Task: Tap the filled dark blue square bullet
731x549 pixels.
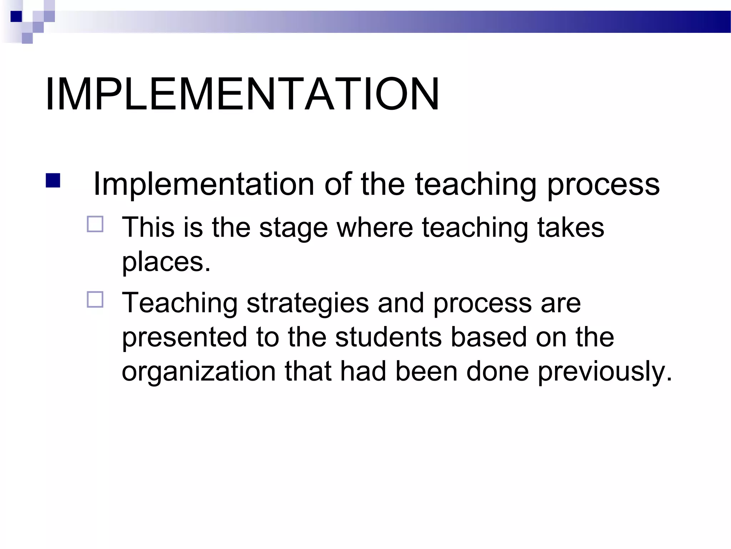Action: [x=53, y=180]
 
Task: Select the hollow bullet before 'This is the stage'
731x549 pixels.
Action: [x=95, y=224]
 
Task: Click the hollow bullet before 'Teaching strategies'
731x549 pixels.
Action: [x=95, y=300]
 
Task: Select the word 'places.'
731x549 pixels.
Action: [x=166, y=263]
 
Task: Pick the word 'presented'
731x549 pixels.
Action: [x=185, y=338]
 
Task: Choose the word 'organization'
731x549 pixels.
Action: [x=199, y=372]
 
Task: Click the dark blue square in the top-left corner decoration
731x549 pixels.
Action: [x=16, y=16]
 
